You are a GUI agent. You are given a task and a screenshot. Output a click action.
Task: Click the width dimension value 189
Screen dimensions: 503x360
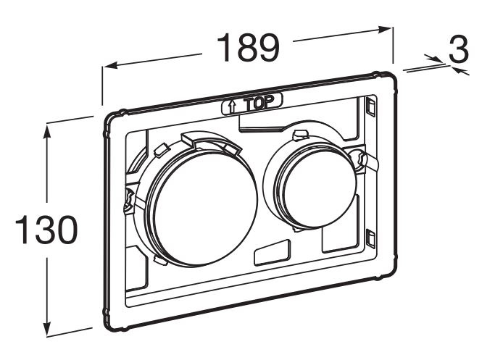tap(249, 47)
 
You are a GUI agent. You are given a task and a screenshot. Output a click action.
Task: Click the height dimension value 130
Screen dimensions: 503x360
tap(46, 230)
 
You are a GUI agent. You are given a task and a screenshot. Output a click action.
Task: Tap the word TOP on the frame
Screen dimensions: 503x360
tap(259, 103)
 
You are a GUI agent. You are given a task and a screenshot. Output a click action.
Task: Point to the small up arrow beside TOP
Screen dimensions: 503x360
tap(232, 106)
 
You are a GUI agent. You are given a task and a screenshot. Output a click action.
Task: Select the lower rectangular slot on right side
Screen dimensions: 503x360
tap(371, 239)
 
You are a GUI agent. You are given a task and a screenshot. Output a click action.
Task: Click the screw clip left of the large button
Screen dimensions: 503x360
tap(128, 201)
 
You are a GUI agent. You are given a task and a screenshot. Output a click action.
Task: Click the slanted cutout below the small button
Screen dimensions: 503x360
tap(273, 252)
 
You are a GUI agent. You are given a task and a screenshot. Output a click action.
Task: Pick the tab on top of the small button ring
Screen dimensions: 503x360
tap(301, 134)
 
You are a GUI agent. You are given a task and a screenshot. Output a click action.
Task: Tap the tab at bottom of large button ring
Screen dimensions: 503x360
tap(161, 259)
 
